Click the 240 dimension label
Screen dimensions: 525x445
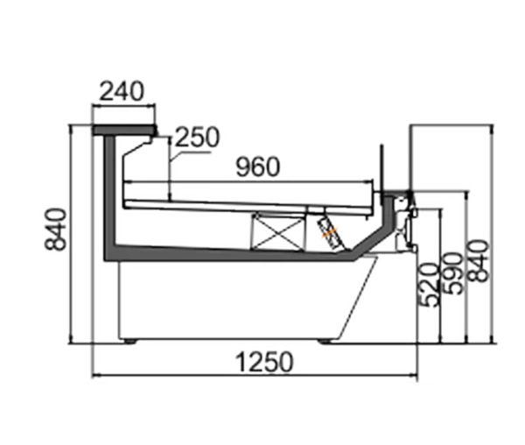[122, 91]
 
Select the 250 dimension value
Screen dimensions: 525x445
[197, 137]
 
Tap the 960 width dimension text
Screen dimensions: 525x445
[258, 166]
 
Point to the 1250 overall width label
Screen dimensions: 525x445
[264, 362]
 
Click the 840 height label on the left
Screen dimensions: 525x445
[56, 230]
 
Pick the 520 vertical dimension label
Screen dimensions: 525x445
[430, 286]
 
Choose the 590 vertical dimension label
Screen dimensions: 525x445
[452, 273]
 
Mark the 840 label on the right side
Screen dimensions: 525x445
[478, 261]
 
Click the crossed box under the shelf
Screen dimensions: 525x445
[277, 231]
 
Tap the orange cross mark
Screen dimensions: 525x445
[330, 232]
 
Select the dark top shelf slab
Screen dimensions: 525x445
[124, 130]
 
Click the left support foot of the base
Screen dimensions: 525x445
[129, 341]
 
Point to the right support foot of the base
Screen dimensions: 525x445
[325, 341]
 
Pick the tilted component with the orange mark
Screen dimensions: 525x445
[331, 233]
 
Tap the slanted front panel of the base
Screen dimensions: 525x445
[358, 298]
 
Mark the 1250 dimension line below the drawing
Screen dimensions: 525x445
[255, 376]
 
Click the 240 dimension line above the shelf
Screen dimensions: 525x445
[124, 106]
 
